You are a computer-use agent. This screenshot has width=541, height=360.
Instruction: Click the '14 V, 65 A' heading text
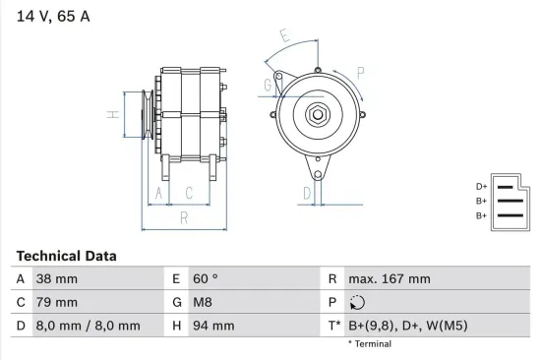pos(51,17)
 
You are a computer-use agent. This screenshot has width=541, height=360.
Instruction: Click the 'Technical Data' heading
pos(66,256)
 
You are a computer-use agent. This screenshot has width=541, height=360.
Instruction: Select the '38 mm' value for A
pos(56,279)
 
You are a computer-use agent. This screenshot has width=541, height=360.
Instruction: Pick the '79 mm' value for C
pos(56,302)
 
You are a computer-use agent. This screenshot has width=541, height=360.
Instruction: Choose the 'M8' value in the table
pos(203,302)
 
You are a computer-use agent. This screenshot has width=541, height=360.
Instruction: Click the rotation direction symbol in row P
pos(357,303)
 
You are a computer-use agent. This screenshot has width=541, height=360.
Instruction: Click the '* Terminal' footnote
pos(369,344)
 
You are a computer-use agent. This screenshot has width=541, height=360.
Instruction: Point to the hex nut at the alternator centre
pos(319,114)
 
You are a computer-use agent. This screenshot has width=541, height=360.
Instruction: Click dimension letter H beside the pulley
pos(113,115)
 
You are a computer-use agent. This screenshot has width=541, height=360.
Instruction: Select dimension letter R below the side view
pos(183,217)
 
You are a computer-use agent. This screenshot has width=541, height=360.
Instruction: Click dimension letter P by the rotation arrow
pos(361,72)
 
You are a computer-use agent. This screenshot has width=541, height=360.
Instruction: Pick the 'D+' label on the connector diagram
pos(481,186)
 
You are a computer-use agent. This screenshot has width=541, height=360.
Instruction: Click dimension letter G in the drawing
pos(267,86)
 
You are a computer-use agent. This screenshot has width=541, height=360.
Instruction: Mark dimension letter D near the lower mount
pos(307,192)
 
